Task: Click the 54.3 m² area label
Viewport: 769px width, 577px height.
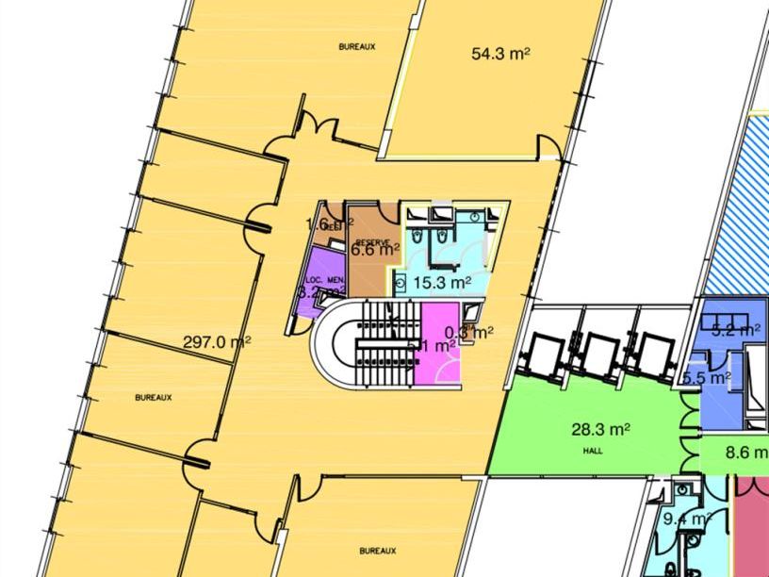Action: coord(500,54)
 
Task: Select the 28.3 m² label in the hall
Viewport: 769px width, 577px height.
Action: coord(600,430)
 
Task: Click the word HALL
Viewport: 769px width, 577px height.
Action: coord(592,451)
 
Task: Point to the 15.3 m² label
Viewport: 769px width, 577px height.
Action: coord(442,282)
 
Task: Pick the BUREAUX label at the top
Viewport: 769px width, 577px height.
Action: coord(357,45)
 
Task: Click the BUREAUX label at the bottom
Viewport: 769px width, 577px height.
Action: coord(377,550)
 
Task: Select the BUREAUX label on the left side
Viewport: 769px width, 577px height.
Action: coord(154,398)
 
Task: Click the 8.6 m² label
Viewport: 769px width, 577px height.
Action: coord(744,453)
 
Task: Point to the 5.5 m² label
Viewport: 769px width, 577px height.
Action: coord(707,378)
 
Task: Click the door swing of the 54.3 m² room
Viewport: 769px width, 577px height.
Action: coord(548,147)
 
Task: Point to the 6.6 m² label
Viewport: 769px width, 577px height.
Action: coord(375,251)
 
